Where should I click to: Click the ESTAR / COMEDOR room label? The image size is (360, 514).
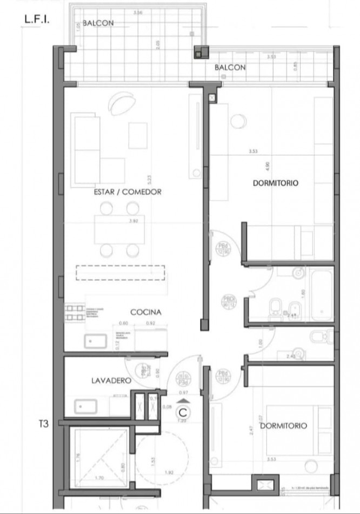click(x=128, y=192)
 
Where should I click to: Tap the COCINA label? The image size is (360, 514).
click(x=146, y=312)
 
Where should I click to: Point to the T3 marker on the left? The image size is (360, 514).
click(x=43, y=424)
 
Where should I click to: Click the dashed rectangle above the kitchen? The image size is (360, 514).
click(x=119, y=272)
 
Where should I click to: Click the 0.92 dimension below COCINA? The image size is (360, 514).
click(x=150, y=323)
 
